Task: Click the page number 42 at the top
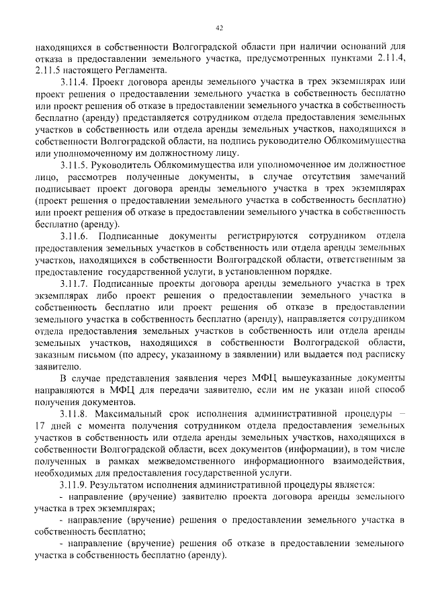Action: click(219, 28)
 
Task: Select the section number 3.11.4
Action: click(75, 81)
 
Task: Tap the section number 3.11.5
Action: click(75, 163)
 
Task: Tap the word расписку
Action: click(382, 354)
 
